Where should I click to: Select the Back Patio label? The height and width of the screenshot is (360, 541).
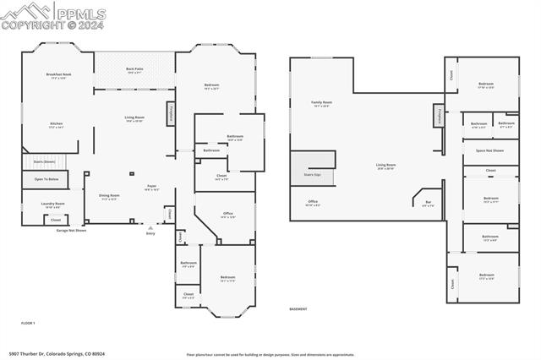134,70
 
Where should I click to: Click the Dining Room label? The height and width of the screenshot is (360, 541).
110,197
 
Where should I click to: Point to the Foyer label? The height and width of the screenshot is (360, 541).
152,188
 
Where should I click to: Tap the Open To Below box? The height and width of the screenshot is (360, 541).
46,179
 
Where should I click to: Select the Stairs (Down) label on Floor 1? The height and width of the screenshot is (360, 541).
44,161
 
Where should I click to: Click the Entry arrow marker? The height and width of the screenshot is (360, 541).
151,226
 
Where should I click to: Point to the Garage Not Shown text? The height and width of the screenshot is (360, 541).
74,230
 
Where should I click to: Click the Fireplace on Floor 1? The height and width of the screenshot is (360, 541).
171,112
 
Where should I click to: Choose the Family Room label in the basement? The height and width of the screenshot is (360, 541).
322,104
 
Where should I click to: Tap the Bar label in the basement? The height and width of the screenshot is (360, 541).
427,203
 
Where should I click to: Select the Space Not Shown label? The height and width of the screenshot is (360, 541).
490,150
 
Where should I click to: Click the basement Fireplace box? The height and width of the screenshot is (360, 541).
439,115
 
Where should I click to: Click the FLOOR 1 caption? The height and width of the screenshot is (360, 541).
28,323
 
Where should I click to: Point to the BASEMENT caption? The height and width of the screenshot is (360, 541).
298,308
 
